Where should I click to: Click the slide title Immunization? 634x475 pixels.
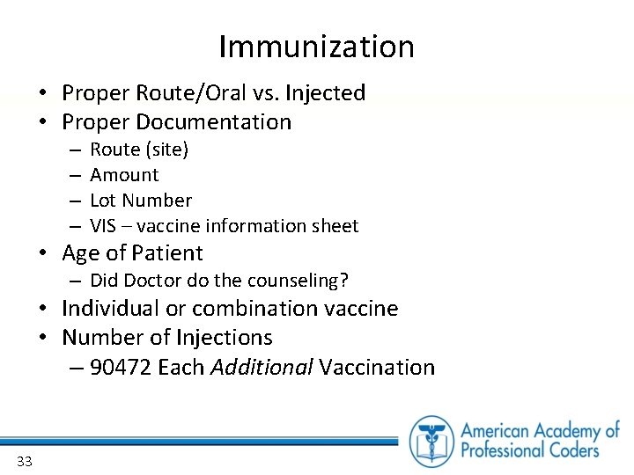[316, 47]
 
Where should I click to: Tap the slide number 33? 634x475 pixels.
[24, 461]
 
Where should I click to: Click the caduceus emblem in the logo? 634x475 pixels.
[431, 441]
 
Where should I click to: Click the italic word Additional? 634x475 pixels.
[262, 368]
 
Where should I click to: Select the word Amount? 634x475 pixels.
[124, 175]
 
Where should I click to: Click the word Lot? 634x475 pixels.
[104, 201]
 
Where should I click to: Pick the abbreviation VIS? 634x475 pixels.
[103, 226]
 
